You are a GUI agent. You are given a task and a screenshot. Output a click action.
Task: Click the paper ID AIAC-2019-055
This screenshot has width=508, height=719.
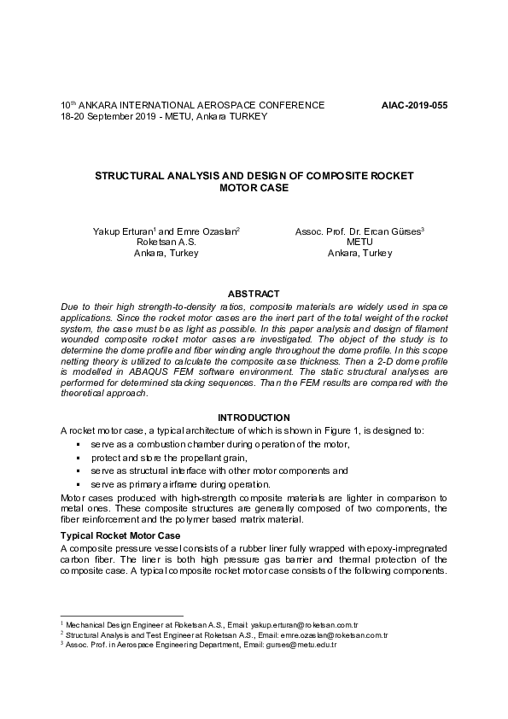pos(413,105)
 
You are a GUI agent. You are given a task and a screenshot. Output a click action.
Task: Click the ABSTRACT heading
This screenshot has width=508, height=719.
pos(254,292)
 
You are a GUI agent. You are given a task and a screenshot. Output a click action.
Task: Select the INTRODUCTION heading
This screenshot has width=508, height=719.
pos(254,417)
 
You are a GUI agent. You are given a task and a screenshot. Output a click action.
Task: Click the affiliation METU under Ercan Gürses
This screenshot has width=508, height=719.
pos(359,243)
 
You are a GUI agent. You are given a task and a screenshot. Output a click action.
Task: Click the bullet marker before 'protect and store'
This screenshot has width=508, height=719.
pos(78,459)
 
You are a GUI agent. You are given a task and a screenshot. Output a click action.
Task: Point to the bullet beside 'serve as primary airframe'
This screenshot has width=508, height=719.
pos(78,484)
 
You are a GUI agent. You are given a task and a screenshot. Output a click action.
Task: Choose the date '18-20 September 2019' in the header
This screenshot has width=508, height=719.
pos(108,116)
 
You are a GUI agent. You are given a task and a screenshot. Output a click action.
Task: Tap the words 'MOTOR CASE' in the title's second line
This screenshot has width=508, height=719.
pos(254,187)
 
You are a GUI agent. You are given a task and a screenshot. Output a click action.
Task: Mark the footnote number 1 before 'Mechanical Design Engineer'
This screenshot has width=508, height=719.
pos(62,624)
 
